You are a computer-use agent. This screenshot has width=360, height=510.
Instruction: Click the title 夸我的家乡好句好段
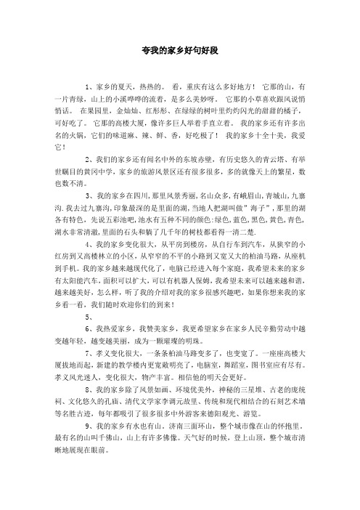click(180, 52)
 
